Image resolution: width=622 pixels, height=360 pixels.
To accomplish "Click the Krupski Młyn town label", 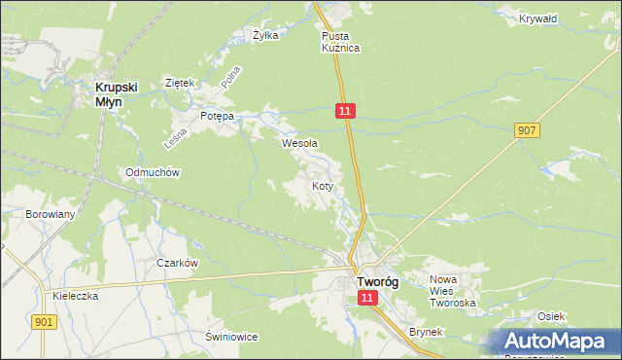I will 115,92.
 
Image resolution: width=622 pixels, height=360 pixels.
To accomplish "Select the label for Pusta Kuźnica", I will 341,42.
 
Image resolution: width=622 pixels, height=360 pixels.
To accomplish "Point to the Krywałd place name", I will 537,18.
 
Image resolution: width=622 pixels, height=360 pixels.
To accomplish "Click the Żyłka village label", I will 265,35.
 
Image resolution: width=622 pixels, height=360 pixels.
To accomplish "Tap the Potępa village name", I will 218,116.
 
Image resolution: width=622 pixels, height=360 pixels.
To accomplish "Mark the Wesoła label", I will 299,143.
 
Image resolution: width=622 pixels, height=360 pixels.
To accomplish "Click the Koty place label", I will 324,185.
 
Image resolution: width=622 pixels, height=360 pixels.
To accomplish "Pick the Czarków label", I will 178,263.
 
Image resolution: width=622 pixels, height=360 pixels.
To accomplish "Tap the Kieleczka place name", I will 77,295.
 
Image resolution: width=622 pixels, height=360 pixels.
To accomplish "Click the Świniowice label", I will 231,337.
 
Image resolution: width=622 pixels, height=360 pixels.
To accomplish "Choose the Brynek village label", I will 426,332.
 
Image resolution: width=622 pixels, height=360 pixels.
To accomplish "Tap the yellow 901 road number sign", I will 43,322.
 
